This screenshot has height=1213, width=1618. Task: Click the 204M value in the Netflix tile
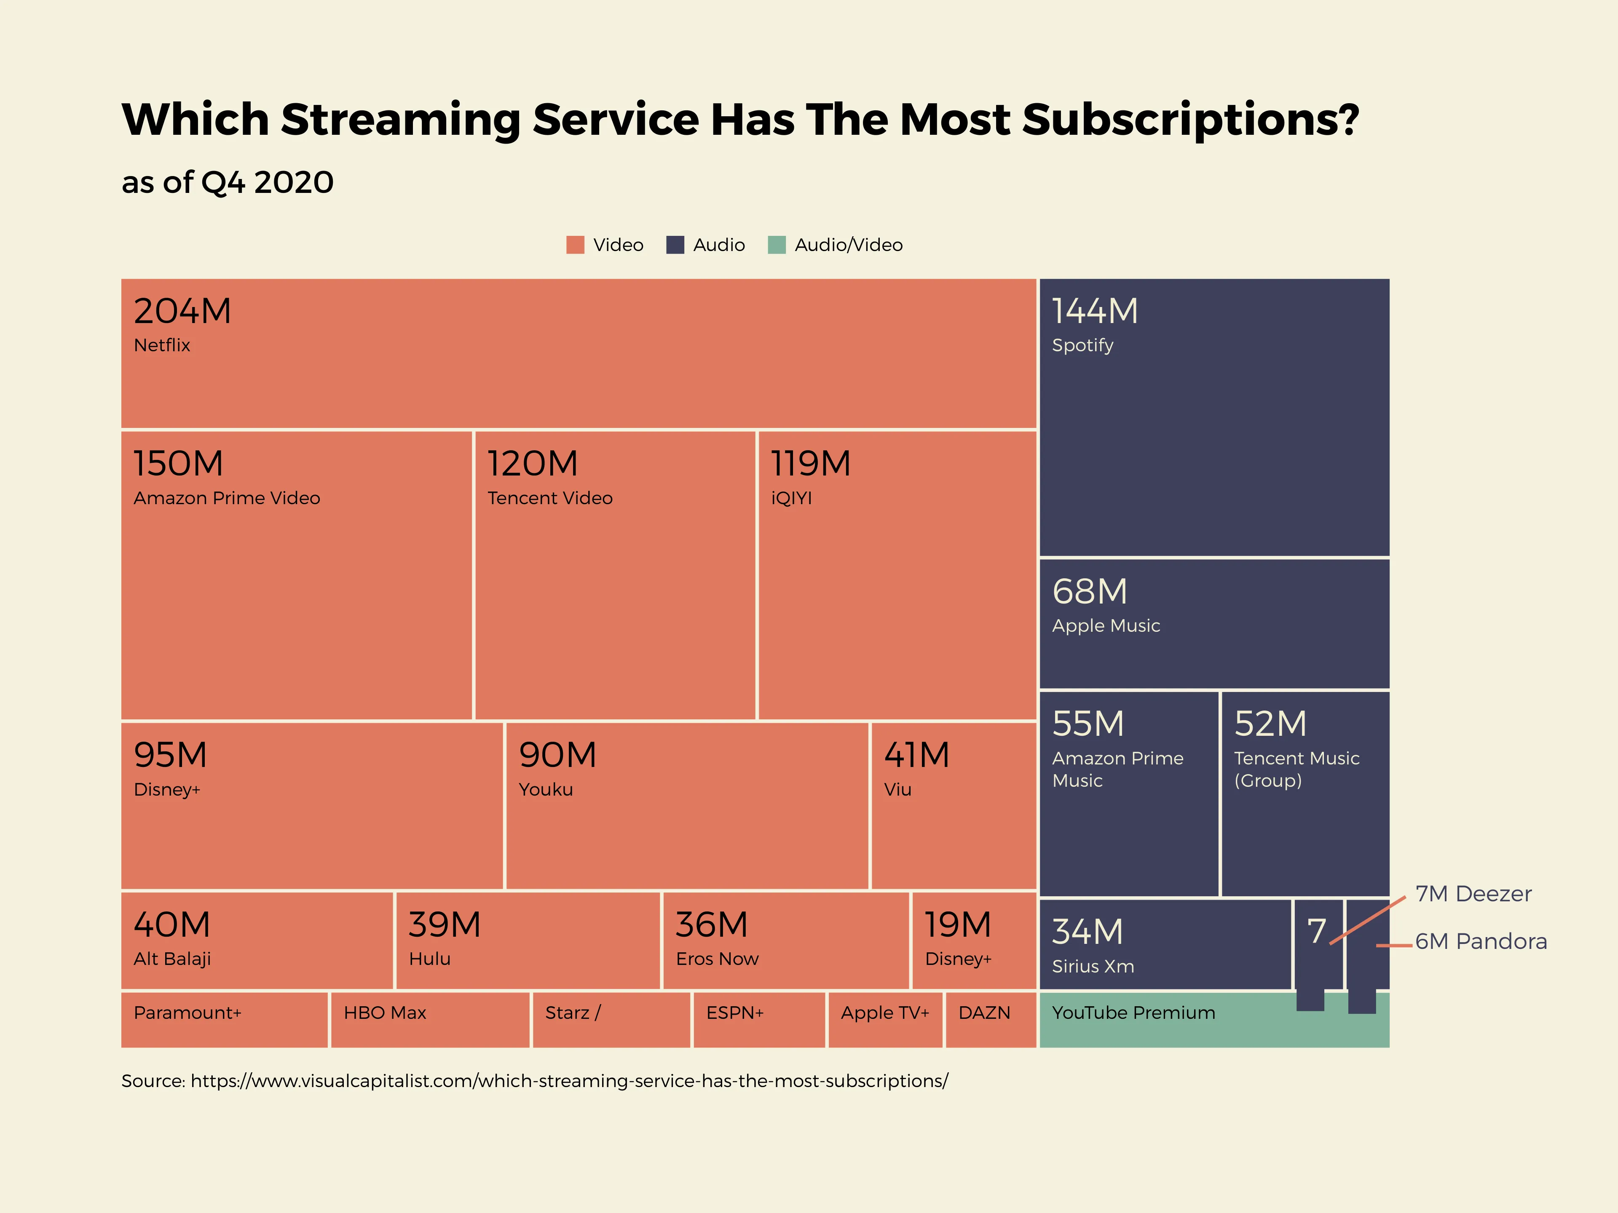pyautogui.click(x=182, y=312)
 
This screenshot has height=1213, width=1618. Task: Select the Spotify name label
pyautogui.click(x=1082, y=345)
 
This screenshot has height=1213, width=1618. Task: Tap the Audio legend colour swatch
pyautogui.click(x=675, y=245)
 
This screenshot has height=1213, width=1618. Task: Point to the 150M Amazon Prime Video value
pyautogui.click(x=178, y=464)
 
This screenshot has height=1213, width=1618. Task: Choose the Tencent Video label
pyautogui.click(x=549, y=498)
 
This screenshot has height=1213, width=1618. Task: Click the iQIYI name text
pyautogui.click(x=791, y=498)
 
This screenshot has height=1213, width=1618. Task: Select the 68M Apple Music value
pyautogui.click(x=1089, y=591)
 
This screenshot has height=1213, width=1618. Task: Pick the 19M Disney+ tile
pyautogui.click(x=974, y=940)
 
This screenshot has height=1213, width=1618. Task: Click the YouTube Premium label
pyautogui.click(x=1133, y=1013)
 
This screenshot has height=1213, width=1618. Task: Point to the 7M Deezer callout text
pyautogui.click(x=1473, y=893)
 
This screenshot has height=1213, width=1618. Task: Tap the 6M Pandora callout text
pyautogui.click(x=1481, y=941)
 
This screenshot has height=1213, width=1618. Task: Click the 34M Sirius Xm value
pyautogui.click(x=1087, y=932)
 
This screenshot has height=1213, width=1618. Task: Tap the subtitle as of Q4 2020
pyautogui.click(x=228, y=182)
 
